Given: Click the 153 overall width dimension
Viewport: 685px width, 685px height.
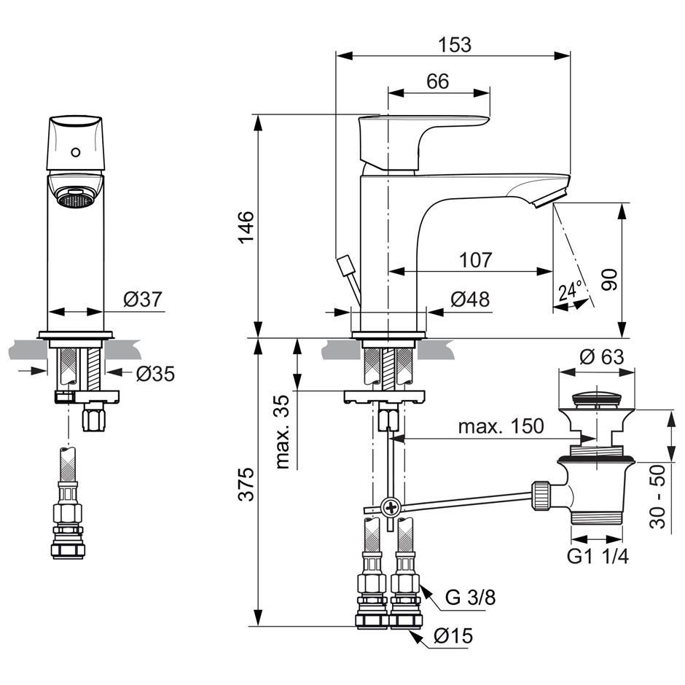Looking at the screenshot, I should point(455,44).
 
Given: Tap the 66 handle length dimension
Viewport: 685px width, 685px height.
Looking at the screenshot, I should point(437,82).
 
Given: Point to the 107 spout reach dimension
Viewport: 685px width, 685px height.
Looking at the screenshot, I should point(475,259).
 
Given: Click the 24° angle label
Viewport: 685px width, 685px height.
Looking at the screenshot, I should point(571,291).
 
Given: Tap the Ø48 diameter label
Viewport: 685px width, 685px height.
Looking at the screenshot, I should point(470,300).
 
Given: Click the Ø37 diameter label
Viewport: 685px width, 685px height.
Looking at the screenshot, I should point(141,299).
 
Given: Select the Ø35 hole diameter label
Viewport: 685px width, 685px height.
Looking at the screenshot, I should point(155,374).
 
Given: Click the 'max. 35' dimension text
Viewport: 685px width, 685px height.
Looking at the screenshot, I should point(285,431).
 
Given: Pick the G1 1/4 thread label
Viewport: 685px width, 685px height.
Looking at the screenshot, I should point(598,557).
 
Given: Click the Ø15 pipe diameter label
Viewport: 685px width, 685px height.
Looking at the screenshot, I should point(453,636).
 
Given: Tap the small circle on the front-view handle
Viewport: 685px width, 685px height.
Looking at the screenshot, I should point(74,154).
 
